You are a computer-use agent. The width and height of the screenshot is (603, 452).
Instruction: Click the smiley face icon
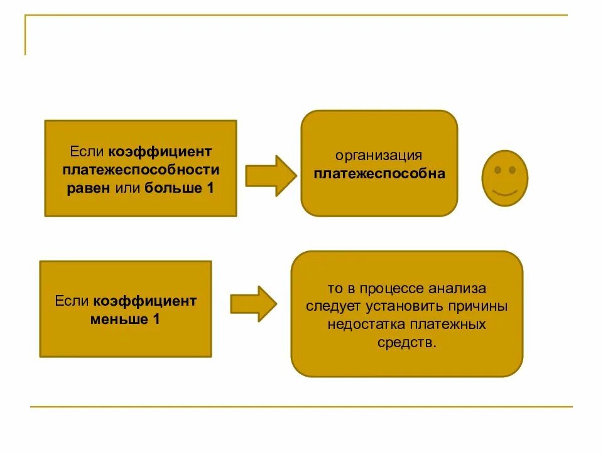(x=504, y=178)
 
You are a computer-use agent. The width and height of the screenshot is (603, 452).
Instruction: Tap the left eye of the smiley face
(x=497, y=170)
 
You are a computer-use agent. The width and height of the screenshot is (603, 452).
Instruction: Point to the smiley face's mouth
(x=504, y=191)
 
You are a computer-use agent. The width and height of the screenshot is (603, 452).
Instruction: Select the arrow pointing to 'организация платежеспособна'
(x=270, y=176)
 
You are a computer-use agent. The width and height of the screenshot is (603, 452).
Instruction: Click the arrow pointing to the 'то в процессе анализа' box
(x=254, y=304)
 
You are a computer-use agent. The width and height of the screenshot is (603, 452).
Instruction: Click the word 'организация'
(x=378, y=155)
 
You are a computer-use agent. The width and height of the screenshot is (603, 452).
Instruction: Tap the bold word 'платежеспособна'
(x=379, y=173)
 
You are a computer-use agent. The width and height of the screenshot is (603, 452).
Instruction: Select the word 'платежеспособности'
(x=141, y=169)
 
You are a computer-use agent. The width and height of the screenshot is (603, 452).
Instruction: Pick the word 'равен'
(x=89, y=188)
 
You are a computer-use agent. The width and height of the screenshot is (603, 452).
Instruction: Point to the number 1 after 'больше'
(x=210, y=188)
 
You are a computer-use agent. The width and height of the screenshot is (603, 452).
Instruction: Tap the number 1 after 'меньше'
(x=156, y=319)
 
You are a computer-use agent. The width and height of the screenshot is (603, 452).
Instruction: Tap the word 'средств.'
(x=406, y=343)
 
